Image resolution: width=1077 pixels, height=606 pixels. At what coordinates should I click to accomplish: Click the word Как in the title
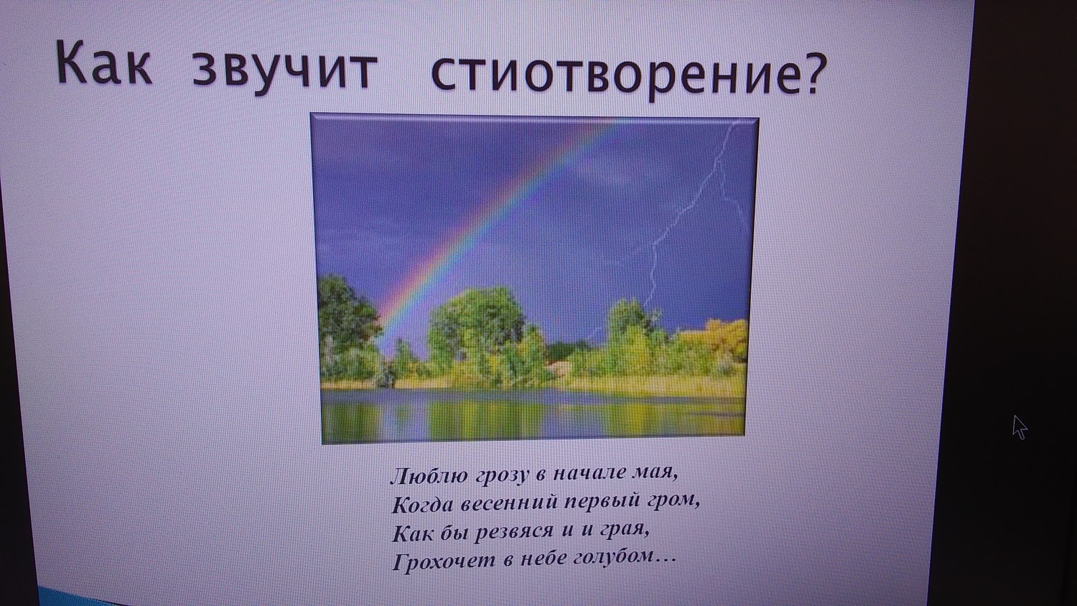tap(103, 62)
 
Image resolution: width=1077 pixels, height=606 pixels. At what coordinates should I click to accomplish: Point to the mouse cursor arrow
tap(1020, 427)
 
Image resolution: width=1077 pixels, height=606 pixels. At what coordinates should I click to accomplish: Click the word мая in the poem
tap(656, 473)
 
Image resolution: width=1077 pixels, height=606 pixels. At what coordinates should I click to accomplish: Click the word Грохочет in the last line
tap(444, 561)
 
